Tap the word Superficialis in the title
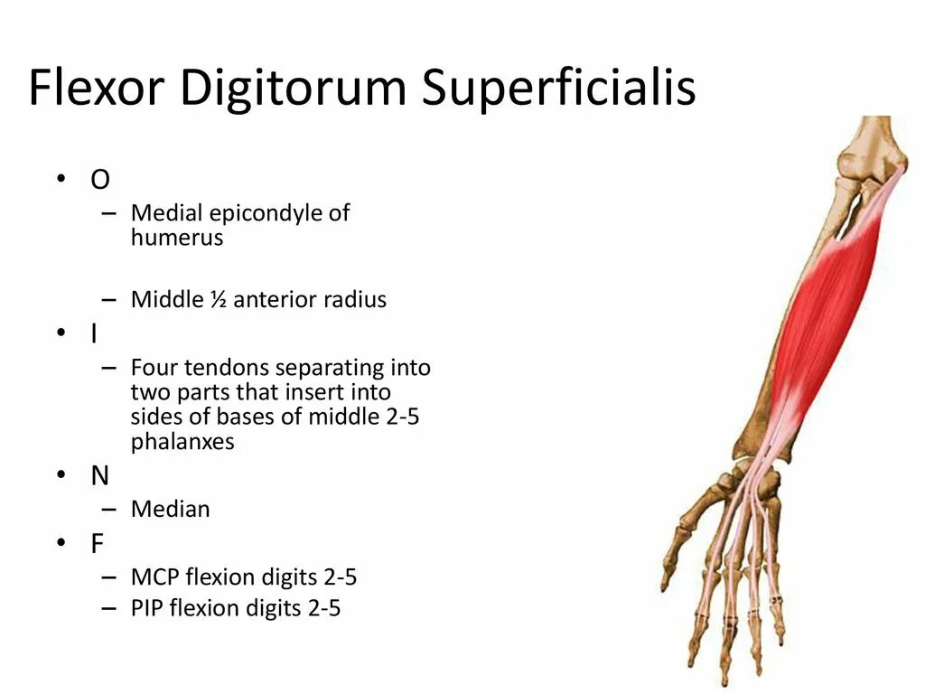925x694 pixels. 559,89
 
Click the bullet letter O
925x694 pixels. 99,180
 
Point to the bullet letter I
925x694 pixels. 94,334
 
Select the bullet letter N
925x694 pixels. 99,476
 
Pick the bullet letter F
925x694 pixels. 97,543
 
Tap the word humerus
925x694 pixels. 176,239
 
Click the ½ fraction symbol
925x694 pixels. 218,300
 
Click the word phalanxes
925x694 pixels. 182,443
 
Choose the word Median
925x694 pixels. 170,510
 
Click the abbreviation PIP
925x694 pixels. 147,609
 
